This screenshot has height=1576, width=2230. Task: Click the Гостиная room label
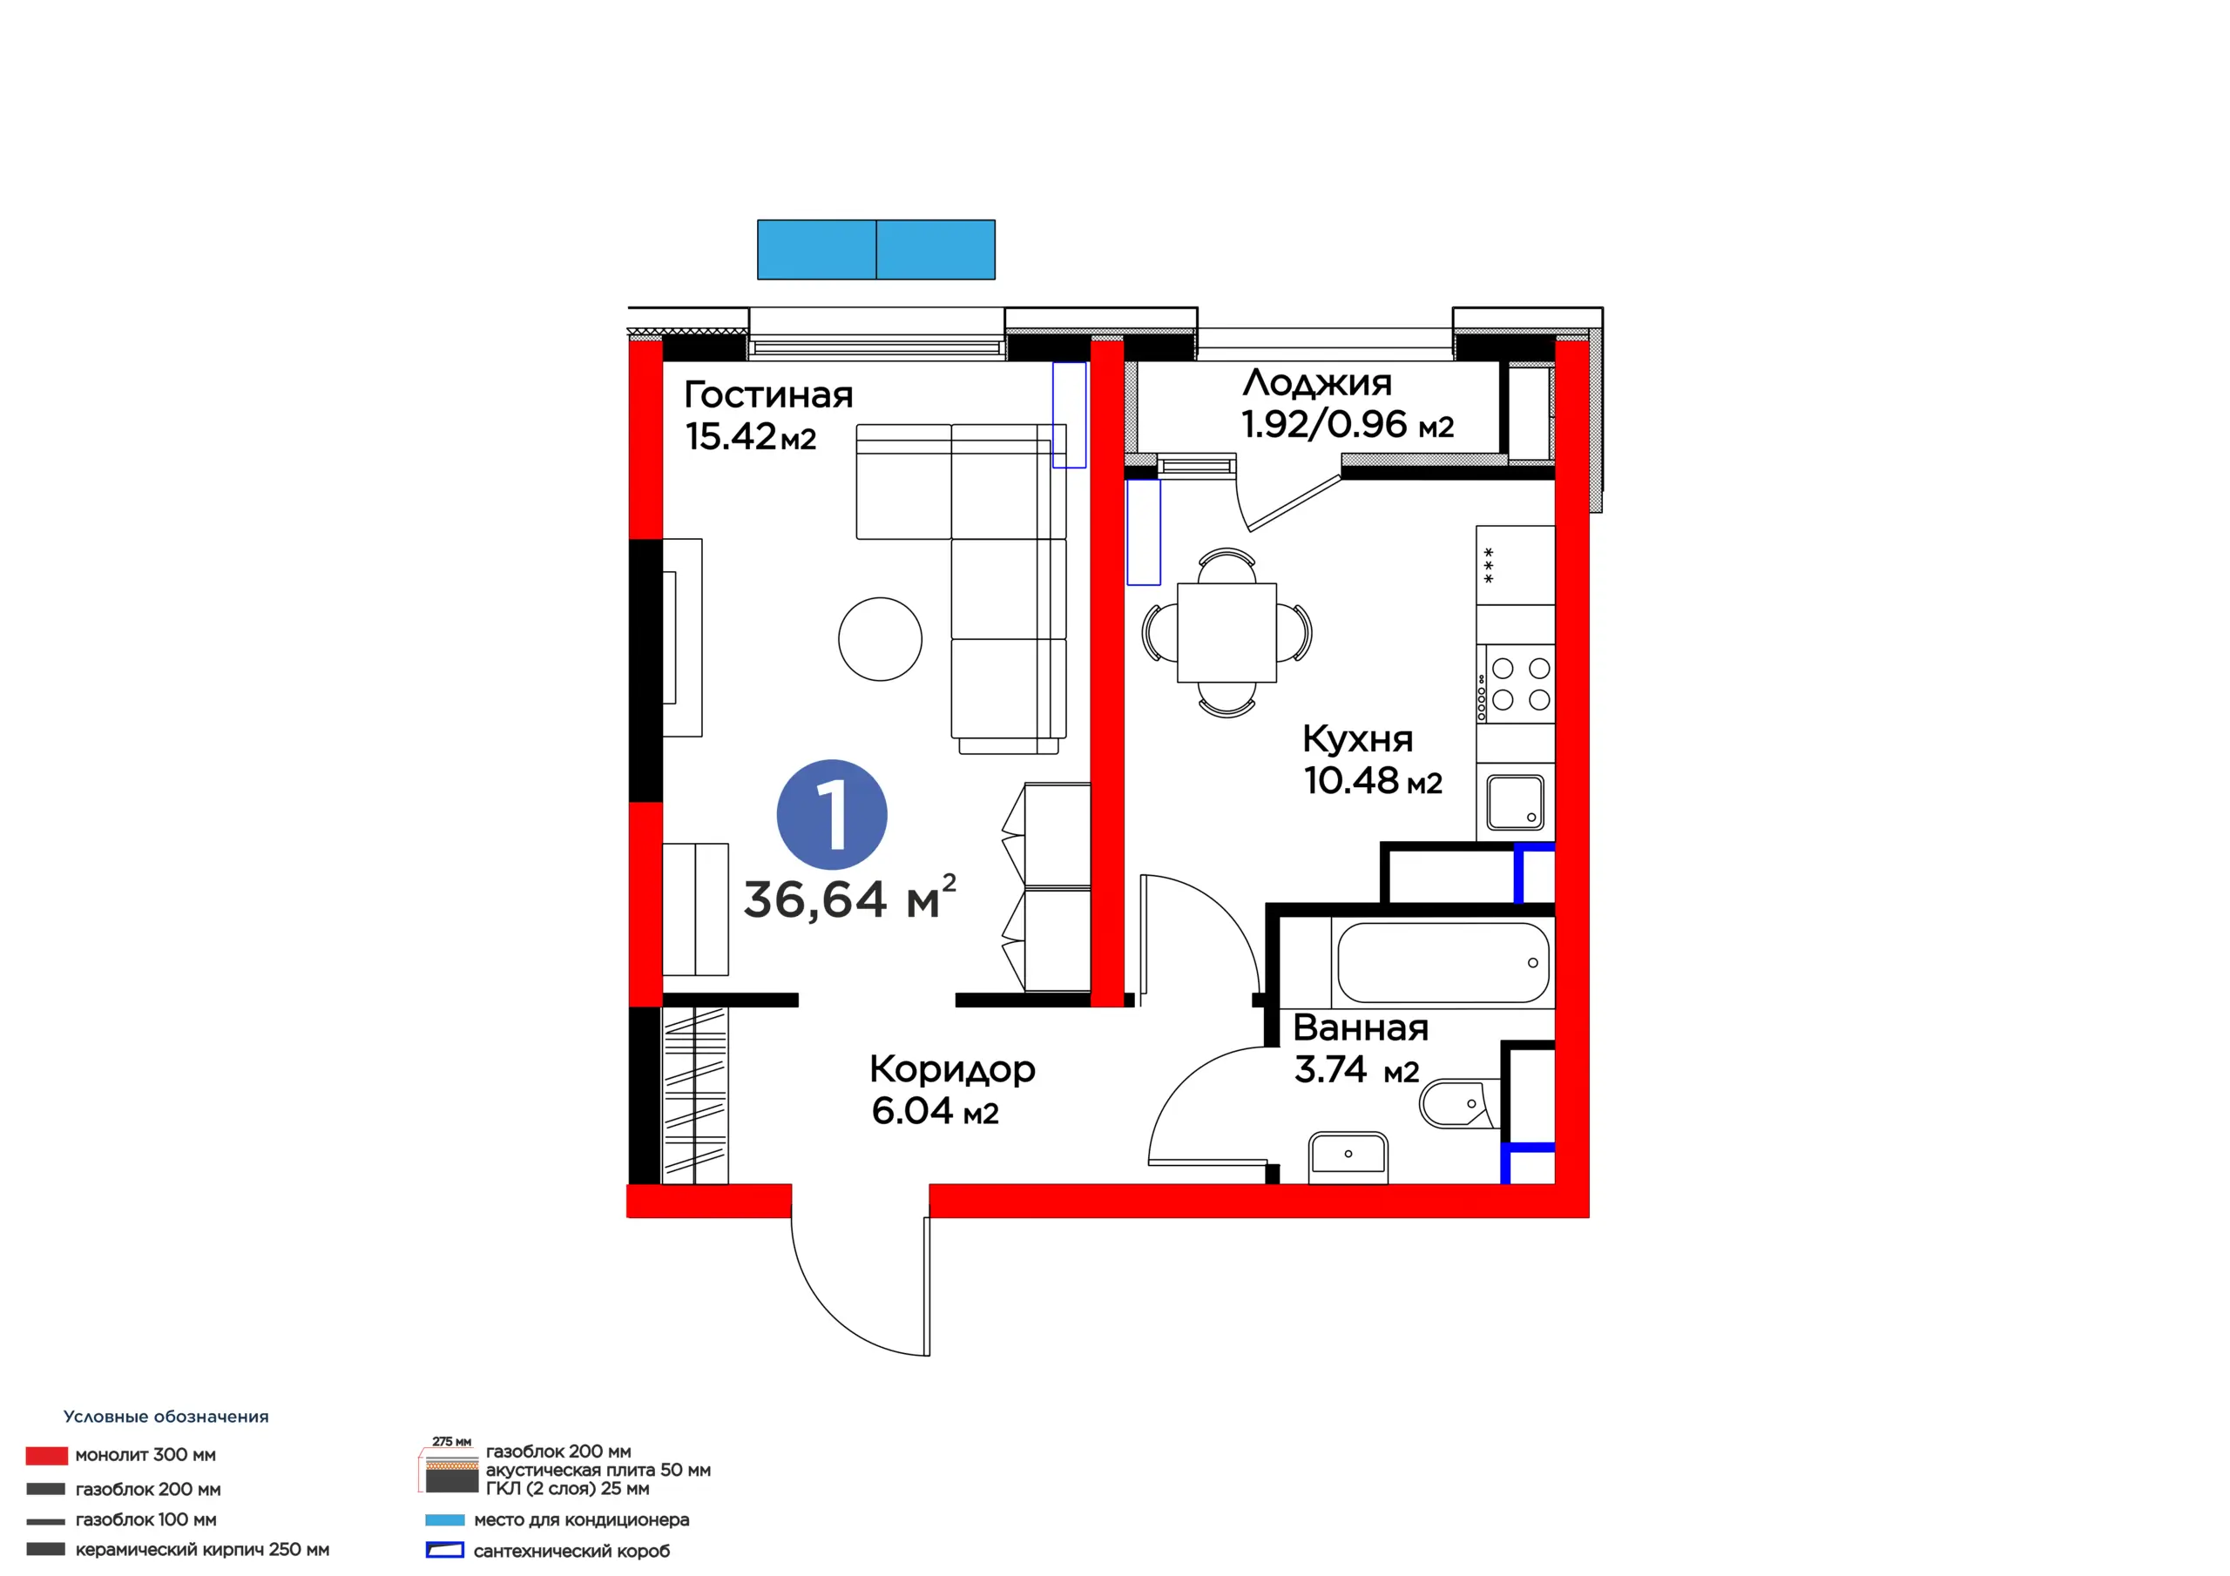point(768,394)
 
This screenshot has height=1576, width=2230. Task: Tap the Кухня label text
point(1357,739)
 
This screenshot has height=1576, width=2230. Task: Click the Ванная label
point(1360,1027)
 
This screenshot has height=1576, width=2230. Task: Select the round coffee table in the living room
point(880,639)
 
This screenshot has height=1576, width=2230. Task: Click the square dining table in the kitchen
point(1226,632)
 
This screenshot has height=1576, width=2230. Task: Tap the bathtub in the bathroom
point(1443,962)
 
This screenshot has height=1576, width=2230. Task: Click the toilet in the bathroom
point(1459,1103)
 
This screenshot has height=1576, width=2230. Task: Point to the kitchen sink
point(1515,802)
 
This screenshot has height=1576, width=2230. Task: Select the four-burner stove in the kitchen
point(1515,684)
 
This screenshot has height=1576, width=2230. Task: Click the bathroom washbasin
point(1348,1155)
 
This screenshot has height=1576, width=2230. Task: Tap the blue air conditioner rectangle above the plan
point(876,250)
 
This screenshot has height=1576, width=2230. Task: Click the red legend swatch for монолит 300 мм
point(47,1456)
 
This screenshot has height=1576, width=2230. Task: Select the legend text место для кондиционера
point(581,1519)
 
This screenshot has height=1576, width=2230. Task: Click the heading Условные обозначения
point(166,1417)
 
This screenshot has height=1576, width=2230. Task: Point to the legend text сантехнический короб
point(571,1551)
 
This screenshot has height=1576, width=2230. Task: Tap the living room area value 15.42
point(730,437)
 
